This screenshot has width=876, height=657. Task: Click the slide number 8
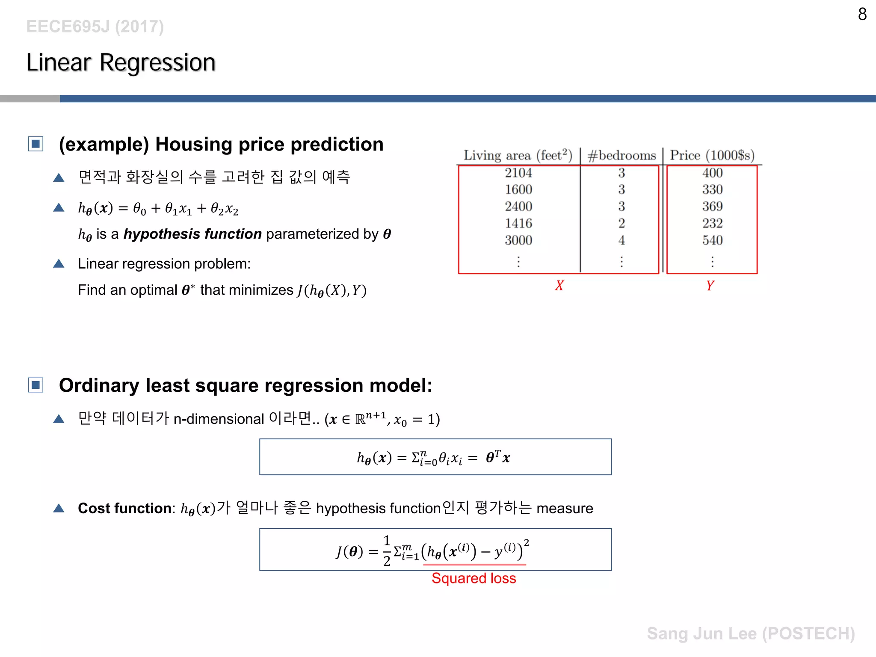pos(862,15)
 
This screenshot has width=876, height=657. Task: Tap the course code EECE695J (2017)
pos(95,27)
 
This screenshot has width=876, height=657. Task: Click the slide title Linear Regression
pos(121,63)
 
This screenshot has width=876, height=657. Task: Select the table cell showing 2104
pos(518,173)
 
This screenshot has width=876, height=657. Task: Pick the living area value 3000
pos(518,240)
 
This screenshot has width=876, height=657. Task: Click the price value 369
pos(712,207)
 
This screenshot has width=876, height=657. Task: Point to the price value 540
pos(712,240)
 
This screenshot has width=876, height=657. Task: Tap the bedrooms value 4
pos(621,240)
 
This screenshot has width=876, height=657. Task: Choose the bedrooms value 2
pos(621,223)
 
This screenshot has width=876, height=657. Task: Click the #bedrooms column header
pos(621,155)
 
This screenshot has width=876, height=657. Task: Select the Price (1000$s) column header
pos(712,155)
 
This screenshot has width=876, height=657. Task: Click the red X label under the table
pos(559,285)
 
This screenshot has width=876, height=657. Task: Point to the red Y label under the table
pos(710,285)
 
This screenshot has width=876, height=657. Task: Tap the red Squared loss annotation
pos(474,578)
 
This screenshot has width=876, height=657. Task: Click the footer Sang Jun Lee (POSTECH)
pos(751,633)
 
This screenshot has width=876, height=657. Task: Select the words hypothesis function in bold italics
pos(192,234)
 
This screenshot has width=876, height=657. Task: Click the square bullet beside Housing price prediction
pos(36,144)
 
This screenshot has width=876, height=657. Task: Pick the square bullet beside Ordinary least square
pos(36,385)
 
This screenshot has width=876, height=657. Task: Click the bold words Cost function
pos(125,508)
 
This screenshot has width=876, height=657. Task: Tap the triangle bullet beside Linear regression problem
pos(59,264)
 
